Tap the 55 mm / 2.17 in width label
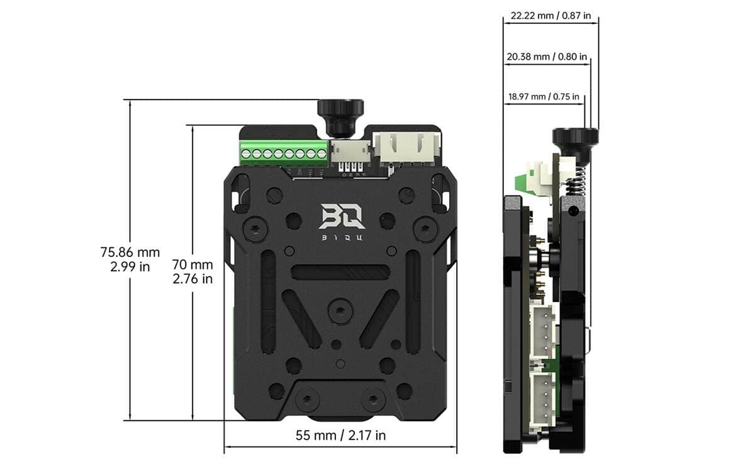(x=340, y=435)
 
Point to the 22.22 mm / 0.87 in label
(x=551, y=16)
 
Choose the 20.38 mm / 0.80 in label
(x=547, y=57)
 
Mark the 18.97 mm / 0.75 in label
(x=544, y=97)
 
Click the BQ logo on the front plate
(x=341, y=216)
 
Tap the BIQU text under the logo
(x=341, y=238)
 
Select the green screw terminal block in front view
(x=283, y=152)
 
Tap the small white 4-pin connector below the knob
(x=350, y=152)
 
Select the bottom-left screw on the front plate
(x=306, y=398)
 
